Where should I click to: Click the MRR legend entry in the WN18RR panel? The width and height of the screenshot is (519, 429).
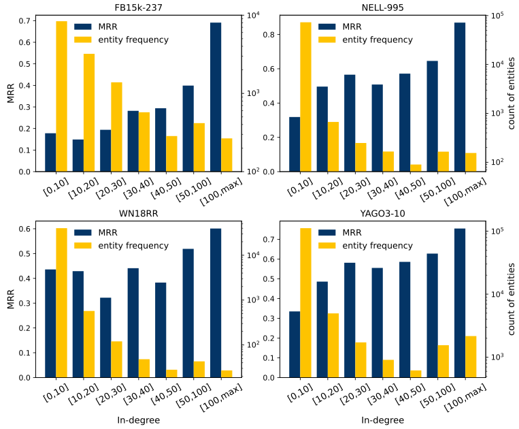(105, 232)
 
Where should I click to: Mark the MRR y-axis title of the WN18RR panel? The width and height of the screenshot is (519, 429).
(10, 298)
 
